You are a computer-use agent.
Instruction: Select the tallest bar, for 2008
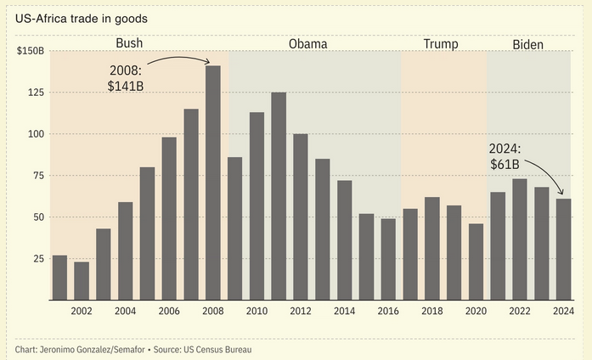213,183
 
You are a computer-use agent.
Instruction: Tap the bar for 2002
82,280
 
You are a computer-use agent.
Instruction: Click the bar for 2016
388,259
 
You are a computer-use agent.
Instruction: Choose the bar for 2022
520,239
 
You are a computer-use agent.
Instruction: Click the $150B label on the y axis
31,51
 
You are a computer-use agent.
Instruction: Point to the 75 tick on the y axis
34,176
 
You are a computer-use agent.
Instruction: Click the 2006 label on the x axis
169,312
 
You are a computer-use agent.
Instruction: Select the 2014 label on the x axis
344,312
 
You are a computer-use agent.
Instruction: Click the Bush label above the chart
129,43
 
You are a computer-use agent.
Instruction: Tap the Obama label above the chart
307,43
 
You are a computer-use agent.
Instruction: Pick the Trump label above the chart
439,43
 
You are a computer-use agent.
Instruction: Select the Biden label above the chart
528,43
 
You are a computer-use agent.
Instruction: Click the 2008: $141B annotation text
126,77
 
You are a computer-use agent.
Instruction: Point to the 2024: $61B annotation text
506,156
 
